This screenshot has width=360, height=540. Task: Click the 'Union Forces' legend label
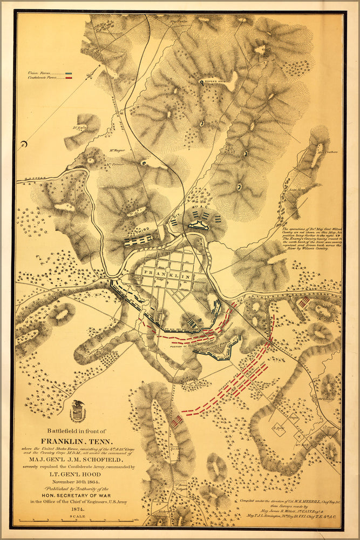(x=40, y=73)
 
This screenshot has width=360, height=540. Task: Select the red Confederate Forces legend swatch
(x=69, y=78)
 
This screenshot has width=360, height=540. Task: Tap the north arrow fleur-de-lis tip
(x=100, y=67)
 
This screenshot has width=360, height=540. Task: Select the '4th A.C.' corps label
(x=198, y=207)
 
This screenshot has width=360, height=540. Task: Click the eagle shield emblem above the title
(x=78, y=411)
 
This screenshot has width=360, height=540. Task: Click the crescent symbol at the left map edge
(x=23, y=145)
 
